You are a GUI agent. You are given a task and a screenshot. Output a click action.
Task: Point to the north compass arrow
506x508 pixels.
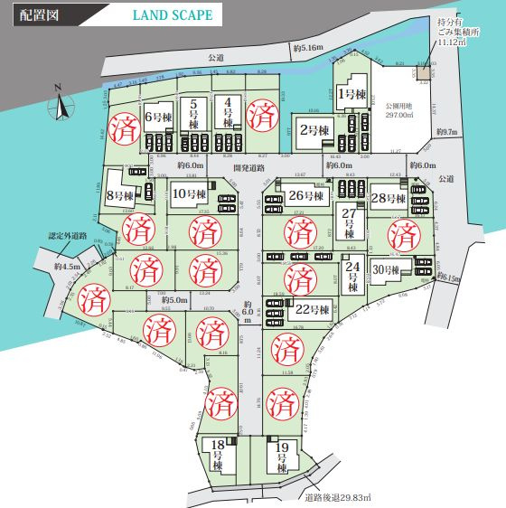pos(61,106)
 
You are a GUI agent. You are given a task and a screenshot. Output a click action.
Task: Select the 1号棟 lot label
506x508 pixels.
pos(350,93)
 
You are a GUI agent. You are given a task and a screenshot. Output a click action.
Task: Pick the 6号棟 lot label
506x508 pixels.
pos(159,116)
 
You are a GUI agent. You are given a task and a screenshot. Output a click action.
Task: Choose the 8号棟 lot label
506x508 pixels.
pos(119,194)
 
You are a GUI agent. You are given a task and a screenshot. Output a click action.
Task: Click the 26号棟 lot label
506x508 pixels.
pos(307,195)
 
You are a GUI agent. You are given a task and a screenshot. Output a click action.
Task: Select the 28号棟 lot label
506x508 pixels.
pos(390,197)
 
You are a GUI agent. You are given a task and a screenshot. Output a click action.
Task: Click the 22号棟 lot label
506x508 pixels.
pos(312,309)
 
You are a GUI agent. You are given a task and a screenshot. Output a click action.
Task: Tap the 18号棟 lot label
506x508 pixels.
pos(218,453)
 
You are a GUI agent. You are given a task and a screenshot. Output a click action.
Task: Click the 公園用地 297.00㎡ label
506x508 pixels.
pos(398,110)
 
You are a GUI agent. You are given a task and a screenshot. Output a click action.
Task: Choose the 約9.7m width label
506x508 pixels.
pos(446,132)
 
